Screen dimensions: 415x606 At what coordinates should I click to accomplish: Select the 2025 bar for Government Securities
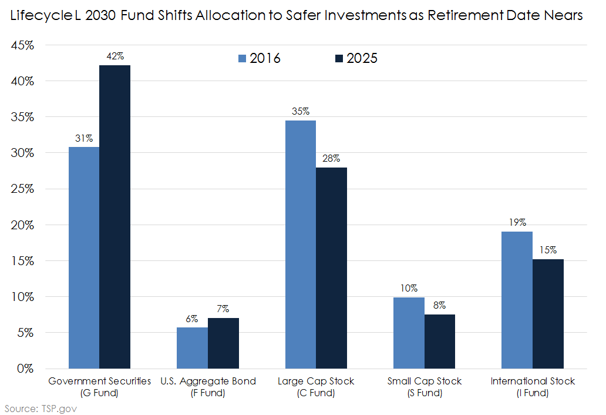(x=115, y=217)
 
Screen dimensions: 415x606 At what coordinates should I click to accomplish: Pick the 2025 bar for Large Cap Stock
(x=331, y=268)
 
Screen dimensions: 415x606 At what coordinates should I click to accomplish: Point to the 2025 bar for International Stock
(x=548, y=314)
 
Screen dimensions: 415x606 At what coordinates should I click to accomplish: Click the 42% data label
(x=115, y=56)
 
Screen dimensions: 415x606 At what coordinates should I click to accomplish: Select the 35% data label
(x=301, y=112)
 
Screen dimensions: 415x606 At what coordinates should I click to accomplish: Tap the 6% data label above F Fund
(x=192, y=319)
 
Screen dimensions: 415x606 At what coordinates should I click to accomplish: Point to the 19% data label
(x=517, y=223)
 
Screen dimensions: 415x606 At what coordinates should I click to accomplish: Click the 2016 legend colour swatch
(x=242, y=58)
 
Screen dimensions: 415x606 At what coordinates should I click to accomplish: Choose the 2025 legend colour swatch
(x=339, y=58)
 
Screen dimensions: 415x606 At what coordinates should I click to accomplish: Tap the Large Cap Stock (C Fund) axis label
(x=316, y=387)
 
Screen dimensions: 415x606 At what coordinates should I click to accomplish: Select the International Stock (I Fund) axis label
(x=533, y=387)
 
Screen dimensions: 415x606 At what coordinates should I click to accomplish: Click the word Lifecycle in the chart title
(x=39, y=16)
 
